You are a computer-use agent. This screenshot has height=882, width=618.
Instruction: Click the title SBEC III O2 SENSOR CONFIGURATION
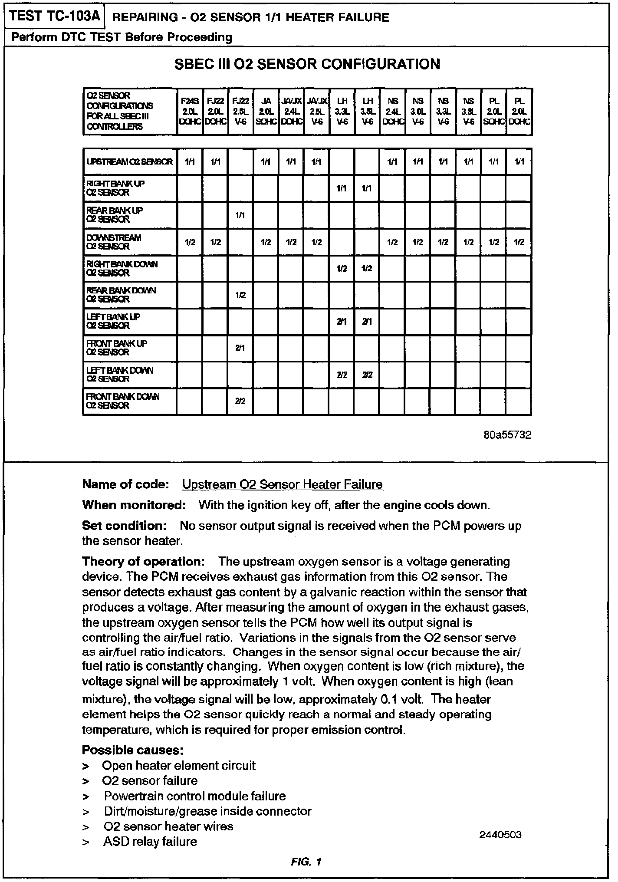[x=307, y=64]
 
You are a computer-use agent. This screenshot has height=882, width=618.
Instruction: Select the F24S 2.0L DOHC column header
[x=190, y=112]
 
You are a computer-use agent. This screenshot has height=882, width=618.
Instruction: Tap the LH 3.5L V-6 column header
[x=368, y=112]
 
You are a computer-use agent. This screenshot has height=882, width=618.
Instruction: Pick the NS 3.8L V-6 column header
[x=469, y=112]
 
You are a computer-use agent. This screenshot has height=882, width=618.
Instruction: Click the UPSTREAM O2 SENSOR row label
[x=129, y=162]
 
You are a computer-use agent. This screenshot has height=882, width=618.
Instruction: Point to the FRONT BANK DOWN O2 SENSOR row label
[x=123, y=401]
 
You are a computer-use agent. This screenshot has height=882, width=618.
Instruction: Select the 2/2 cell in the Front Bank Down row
[x=240, y=402]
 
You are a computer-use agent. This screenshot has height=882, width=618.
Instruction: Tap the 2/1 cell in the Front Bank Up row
[x=240, y=348]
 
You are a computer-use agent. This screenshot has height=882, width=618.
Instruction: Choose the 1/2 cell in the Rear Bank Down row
[x=240, y=295]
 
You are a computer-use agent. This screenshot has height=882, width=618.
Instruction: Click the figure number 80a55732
[x=507, y=435]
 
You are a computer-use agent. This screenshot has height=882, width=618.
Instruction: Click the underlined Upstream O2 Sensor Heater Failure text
[x=283, y=484]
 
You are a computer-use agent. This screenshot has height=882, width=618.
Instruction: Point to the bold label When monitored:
[x=134, y=505]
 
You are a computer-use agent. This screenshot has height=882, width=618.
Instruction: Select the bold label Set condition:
[x=125, y=526]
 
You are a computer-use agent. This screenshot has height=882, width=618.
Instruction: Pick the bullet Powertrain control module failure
[x=195, y=796]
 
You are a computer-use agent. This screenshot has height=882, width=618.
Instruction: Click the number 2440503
[x=500, y=835]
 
